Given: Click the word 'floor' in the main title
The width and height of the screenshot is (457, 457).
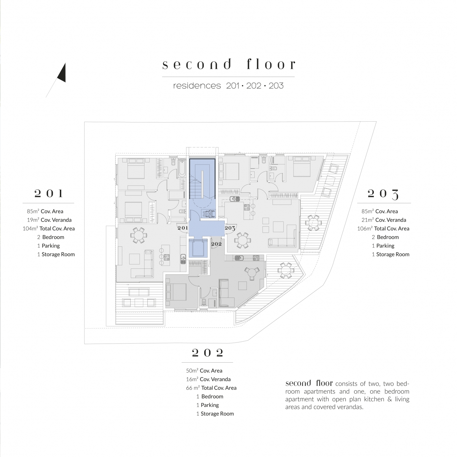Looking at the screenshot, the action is tap(271, 64).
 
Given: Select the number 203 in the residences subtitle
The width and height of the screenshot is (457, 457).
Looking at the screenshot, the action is tap(276, 86).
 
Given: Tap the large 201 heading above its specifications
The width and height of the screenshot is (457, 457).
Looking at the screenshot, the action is tap(49, 193).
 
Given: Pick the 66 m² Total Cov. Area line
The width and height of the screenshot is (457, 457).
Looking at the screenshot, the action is tap(211, 388).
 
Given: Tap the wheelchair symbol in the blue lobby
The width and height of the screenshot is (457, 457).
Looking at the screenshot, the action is tap(208, 214).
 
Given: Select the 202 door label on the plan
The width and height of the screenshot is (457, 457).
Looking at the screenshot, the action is tap(217, 244).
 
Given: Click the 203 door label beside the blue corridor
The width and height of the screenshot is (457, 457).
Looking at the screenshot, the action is tap(230, 228).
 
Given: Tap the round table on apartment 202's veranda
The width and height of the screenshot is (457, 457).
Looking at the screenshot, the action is tap(285, 270).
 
